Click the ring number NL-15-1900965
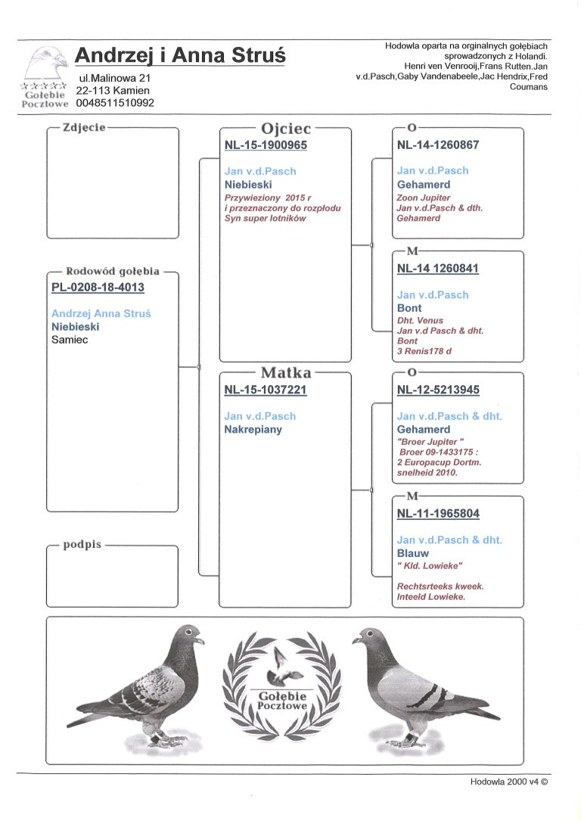coord(266,145)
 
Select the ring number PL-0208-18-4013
coord(98,288)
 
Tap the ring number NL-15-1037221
coord(266,390)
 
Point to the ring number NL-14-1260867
coord(438,145)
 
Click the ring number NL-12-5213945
coord(438,390)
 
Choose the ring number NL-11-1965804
coord(438,514)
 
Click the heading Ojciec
coord(285,129)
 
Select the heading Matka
coord(285,372)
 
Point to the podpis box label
coord(82,544)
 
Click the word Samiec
coord(70,340)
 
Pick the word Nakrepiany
coord(253,429)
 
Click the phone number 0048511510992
coord(115,103)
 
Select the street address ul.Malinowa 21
coord(115,78)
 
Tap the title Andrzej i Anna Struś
coord(180,55)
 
